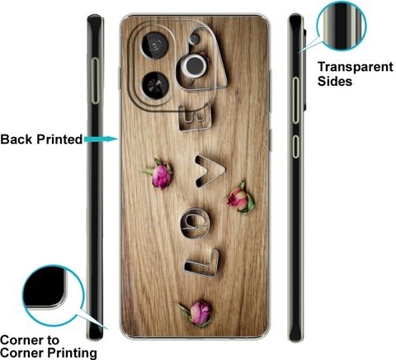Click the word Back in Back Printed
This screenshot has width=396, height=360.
click(16, 140)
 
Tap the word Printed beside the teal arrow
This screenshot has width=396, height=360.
click(59, 140)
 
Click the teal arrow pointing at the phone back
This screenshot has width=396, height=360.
click(101, 139)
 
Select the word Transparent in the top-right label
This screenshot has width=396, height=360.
click(356, 68)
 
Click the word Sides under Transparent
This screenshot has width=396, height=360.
click(335, 81)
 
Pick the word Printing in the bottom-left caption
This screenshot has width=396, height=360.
click(72, 353)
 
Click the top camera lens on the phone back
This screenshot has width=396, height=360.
click(154, 45)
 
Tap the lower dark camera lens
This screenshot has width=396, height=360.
click(155, 86)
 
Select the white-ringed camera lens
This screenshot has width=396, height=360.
click(195, 65)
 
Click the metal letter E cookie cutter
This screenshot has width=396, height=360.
click(196, 117)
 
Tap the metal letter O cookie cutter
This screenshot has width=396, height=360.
click(196, 223)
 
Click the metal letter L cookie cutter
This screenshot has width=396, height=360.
click(202, 263)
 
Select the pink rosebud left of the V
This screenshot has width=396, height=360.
click(160, 174)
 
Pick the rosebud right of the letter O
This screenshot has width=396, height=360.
click(240, 198)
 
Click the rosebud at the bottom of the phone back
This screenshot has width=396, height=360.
click(197, 314)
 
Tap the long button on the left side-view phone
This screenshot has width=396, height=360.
click(95, 81)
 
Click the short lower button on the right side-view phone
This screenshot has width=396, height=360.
click(295, 146)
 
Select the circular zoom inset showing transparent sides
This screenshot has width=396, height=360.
click(342, 26)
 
